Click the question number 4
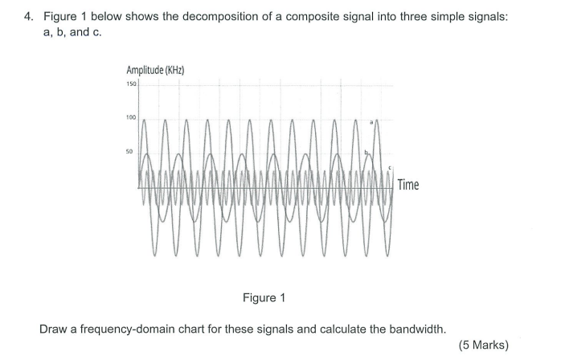(28, 16)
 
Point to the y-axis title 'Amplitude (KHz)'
(155, 71)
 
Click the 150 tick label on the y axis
(131, 84)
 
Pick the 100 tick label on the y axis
(131, 117)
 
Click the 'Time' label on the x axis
(407, 185)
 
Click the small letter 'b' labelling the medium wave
(366, 151)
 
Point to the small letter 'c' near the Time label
(390, 168)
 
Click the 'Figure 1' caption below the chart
(264, 298)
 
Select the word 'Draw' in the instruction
(52, 329)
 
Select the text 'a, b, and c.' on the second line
(72, 32)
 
